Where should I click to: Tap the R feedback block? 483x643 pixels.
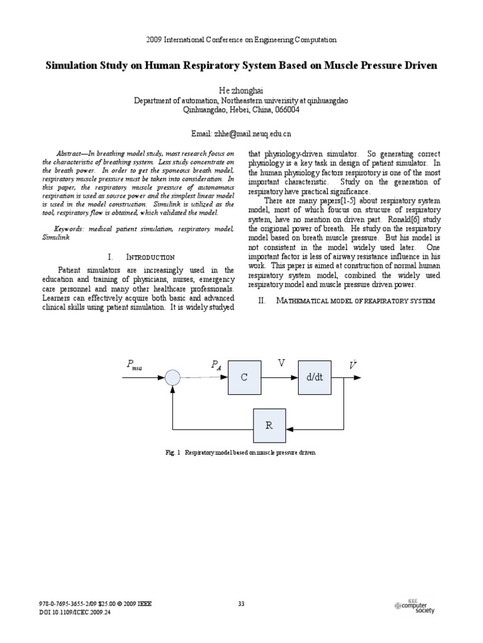[x=269, y=424]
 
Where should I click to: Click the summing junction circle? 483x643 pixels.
[x=172, y=377]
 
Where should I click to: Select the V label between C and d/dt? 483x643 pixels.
[x=282, y=363]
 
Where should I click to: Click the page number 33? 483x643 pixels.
[x=241, y=604]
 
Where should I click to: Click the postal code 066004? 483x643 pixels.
[x=287, y=110]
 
